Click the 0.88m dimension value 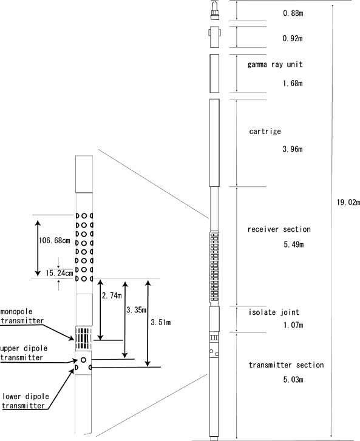pos(293,13)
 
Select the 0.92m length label pos(293,38)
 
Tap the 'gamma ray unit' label pos(275,65)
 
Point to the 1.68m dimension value pos(293,83)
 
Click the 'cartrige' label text pos(265,132)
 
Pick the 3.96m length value pos(293,149)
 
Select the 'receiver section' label pos(279,229)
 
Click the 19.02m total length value pos(348,202)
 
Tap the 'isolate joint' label pos(274,312)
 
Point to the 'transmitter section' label pos(287,365)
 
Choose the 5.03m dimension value pos(293,380)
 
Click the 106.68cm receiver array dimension pos(54,240)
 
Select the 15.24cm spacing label pos(59,273)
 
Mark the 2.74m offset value pos(112,295)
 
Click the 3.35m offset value pos(136,310)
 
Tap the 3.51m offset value pos(161,322)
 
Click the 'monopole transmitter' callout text pos(22,316)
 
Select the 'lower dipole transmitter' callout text pos(25,401)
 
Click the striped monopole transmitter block pos(84,338)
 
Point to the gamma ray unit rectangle pos(214,73)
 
